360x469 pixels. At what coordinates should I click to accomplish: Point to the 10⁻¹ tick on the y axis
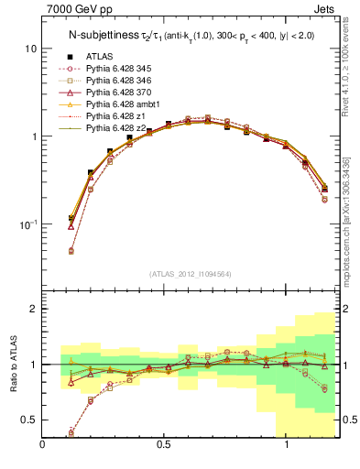27,224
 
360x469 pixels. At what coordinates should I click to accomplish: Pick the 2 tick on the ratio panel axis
33,309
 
